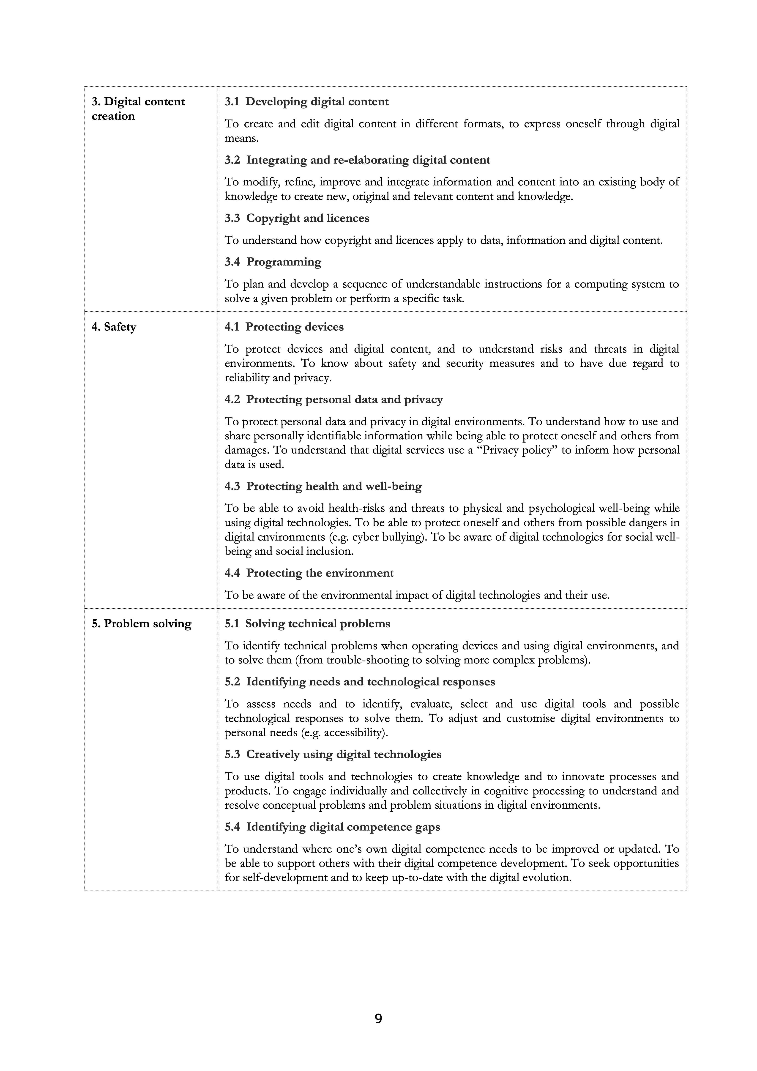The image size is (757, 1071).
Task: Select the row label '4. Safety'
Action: pos(114,327)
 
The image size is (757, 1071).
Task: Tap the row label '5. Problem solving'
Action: pos(141,624)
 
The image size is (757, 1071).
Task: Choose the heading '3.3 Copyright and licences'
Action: pos(297,218)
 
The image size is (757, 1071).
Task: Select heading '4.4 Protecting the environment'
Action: pos(309,573)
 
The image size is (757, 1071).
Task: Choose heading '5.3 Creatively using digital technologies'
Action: pos(333,754)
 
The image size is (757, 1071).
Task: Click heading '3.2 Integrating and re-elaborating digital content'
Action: pos(357,160)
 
